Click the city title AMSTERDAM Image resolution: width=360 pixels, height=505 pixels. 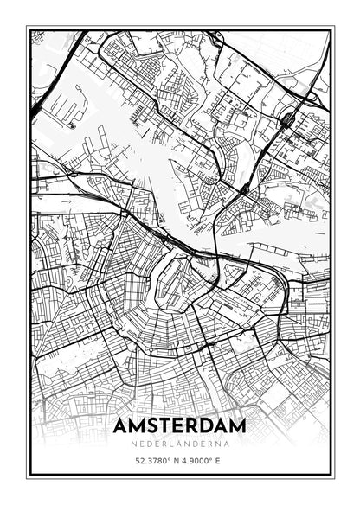coord(179,427)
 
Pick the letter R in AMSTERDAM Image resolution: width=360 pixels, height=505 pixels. coord(193,427)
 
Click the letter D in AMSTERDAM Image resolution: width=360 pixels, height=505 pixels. coord(208,427)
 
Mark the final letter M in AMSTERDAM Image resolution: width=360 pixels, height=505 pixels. coord(237,427)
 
